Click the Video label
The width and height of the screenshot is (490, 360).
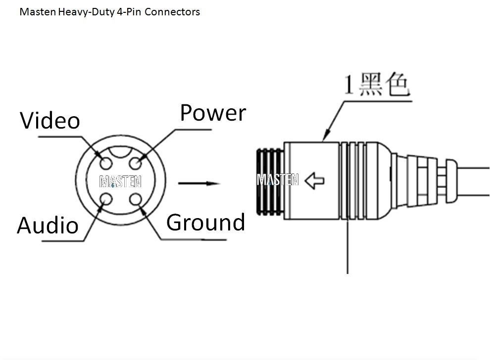pyautogui.click(x=50, y=120)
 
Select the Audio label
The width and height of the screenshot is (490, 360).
pyautogui.click(x=48, y=225)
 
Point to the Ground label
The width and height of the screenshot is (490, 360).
pyautogui.click(x=205, y=223)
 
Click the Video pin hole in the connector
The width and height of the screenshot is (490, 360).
pyautogui.click(x=106, y=163)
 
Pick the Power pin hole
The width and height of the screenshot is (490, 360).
pyautogui.click(x=136, y=163)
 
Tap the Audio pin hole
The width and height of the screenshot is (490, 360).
pyautogui.click(x=106, y=199)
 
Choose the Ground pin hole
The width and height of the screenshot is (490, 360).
pyautogui.click(x=136, y=199)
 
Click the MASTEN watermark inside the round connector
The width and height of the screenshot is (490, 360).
pyautogui.click(x=120, y=181)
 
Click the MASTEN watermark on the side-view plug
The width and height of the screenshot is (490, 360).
pyautogui.click(x=278, y=180)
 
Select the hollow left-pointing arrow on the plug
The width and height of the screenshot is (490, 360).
pyautogui.click(x=314, y=181)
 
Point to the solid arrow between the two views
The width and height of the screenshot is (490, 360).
pyautogui.click(x=199, y=183)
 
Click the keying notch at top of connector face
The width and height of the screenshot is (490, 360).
pyautogui.click(x=121, y=152)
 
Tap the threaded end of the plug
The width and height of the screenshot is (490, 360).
pyautogui.click(x=270, y=182)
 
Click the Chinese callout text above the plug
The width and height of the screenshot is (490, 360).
pyautogui.click(x=377, y=84)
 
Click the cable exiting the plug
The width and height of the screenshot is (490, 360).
pyautogui.click(x=474, y=181)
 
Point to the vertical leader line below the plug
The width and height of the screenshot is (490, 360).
pyautogui.click(x=347, y=247)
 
